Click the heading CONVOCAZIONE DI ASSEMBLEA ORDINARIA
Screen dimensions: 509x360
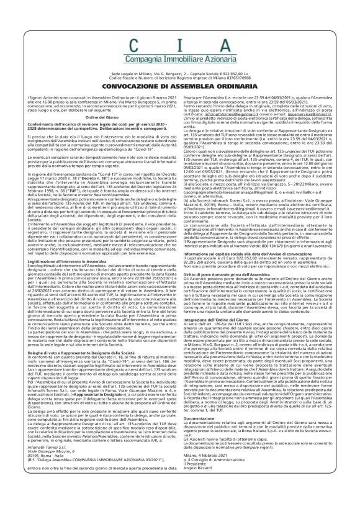[180, 86]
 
